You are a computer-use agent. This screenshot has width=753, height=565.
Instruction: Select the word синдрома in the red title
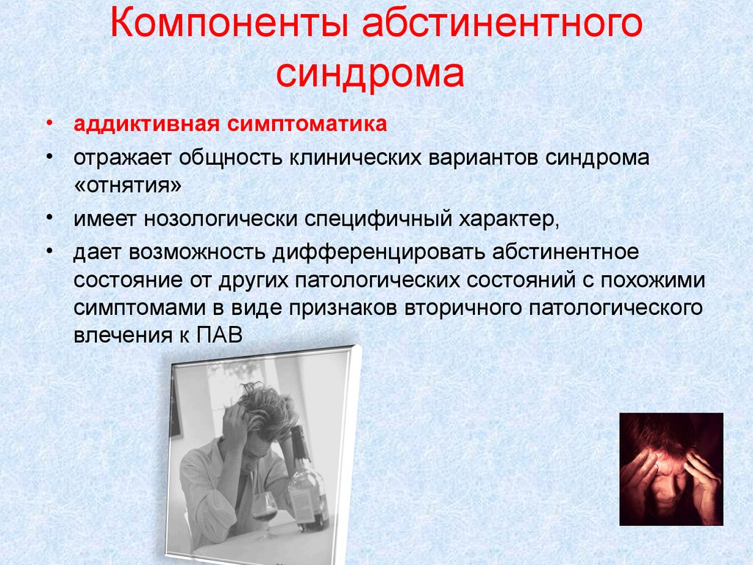point(371,73)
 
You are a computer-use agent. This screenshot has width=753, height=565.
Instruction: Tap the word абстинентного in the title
point(502,23)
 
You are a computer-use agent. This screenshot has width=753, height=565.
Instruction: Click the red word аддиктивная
point(146,124)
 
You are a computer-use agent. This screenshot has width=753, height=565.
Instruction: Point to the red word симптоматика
point(307,124)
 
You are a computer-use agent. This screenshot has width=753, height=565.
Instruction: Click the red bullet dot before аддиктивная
point(49,124)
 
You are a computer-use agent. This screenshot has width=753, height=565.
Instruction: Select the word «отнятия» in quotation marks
point(128,185)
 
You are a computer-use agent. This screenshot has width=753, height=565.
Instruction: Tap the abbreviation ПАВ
point(219,335)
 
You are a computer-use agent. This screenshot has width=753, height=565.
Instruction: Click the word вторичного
point(463,308)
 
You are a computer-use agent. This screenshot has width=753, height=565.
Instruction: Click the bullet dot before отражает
point(49,157)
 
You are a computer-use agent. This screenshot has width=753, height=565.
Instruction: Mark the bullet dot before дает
point(49,252)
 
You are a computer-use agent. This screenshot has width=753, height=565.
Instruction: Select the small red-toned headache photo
point(671,469)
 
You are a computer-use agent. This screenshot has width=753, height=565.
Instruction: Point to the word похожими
point(653,280)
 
